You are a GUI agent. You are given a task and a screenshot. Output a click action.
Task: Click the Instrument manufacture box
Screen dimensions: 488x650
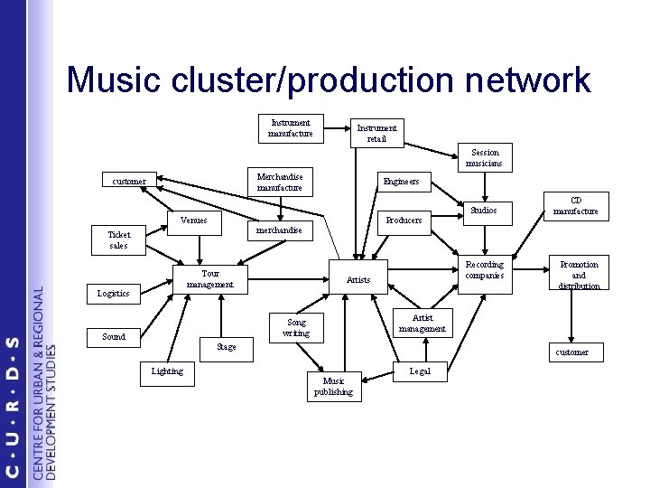291,128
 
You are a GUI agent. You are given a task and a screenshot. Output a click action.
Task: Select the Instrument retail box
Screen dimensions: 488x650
376,134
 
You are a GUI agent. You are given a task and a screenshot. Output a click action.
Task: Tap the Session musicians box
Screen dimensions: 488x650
484,158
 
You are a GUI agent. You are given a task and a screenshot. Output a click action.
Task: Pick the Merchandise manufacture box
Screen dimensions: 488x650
279,182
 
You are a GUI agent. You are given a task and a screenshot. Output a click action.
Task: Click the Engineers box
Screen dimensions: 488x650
401,181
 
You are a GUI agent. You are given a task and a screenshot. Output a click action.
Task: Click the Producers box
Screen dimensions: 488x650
404,220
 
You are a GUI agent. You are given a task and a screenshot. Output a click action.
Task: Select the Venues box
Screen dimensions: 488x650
194,220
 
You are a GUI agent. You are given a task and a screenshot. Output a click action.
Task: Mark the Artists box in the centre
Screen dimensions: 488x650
358,279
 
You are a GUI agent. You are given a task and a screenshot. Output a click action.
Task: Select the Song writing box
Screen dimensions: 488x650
295,327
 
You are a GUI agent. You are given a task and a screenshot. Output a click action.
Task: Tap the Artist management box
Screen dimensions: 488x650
422,323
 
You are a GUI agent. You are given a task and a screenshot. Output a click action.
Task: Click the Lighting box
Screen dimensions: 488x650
168,371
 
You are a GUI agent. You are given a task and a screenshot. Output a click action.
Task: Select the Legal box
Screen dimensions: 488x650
421,371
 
